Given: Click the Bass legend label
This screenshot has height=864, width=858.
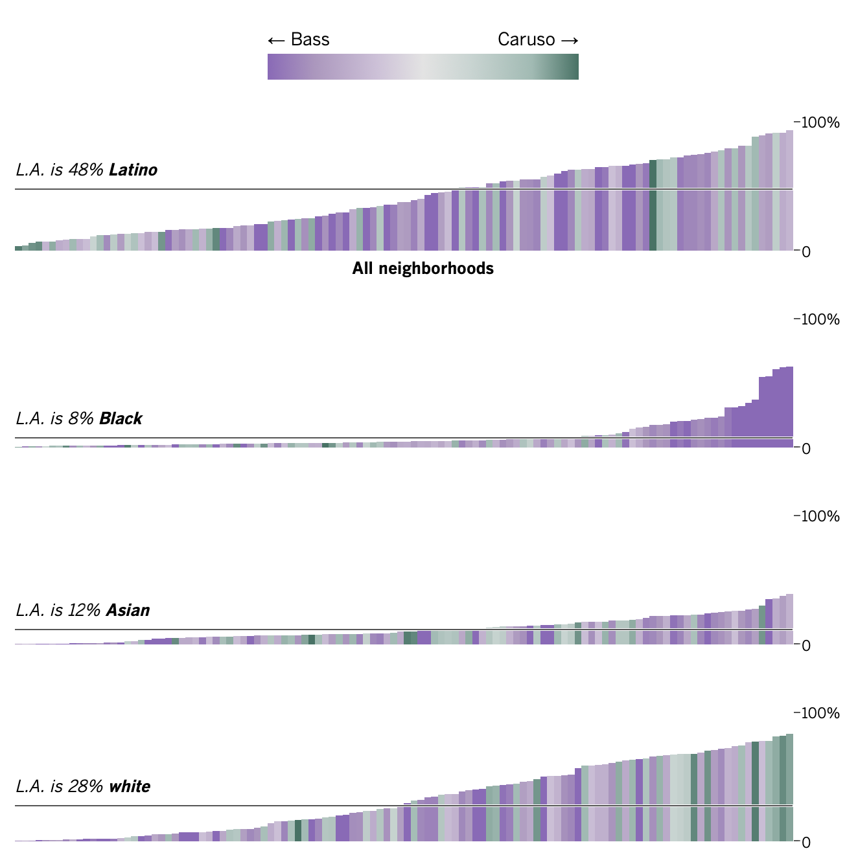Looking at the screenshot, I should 310,40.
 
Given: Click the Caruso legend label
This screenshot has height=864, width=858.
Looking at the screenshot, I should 526,40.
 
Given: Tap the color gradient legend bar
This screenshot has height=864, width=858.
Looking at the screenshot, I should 423,67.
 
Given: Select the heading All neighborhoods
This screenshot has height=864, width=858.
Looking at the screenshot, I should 423,269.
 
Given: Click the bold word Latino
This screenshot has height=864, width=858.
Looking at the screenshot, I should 133,170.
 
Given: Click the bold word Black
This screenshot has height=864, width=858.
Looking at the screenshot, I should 121,419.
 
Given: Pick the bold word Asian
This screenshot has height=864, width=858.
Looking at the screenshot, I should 128,611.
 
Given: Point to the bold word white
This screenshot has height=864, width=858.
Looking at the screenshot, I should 130,787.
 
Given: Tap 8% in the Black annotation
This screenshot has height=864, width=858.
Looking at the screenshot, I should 77,419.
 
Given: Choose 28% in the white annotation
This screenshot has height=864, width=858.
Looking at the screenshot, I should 82,787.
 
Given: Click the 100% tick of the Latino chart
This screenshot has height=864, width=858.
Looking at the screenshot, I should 820,122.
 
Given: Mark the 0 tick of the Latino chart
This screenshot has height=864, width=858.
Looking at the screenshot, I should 806,252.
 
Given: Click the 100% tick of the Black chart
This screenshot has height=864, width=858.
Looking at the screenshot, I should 820,319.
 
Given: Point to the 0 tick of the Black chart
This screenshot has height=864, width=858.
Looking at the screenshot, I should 806,449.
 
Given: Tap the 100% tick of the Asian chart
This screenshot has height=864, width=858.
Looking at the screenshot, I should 820,516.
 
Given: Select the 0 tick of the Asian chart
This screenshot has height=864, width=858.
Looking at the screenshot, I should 806,646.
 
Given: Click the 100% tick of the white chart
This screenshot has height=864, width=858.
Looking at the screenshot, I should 820,713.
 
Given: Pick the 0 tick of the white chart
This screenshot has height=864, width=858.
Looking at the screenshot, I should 806,843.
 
